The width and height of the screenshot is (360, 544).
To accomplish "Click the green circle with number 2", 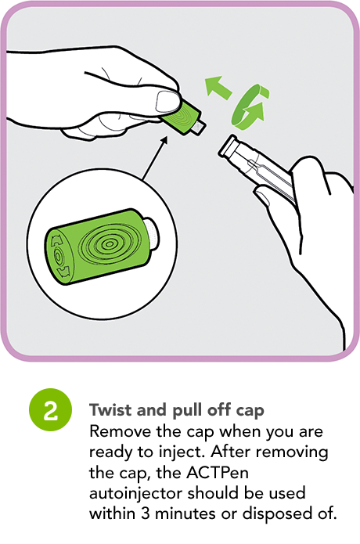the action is coord(51,409).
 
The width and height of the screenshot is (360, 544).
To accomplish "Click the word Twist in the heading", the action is coord(110,409).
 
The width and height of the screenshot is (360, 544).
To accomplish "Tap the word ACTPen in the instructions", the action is coord(218,472).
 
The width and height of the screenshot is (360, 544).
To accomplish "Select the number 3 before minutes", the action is coord(146,513).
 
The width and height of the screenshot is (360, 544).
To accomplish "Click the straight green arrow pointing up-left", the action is coord(218,88).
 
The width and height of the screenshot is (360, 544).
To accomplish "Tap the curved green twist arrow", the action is coord(250,107).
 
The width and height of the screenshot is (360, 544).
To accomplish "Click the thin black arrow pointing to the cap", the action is coord(155,158).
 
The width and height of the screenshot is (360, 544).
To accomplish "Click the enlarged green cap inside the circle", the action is coord(101,247).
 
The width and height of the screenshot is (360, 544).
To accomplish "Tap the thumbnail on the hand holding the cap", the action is coord(167,101).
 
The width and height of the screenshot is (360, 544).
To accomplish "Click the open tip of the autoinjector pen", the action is coord(228,146).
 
